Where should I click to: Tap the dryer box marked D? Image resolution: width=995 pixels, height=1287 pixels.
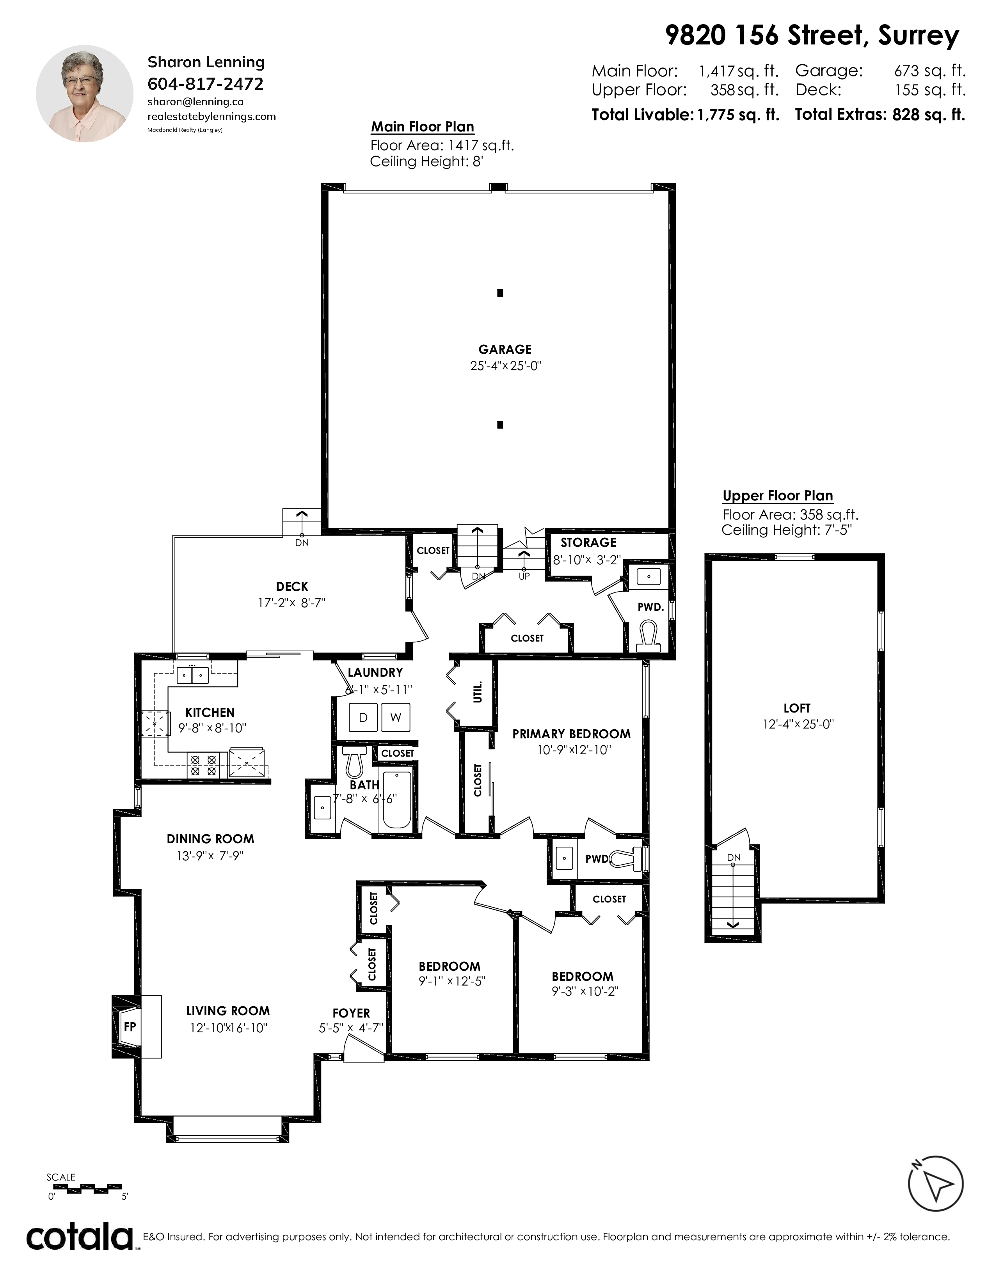[363, 717]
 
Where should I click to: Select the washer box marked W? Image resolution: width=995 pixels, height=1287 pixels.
[396, 717]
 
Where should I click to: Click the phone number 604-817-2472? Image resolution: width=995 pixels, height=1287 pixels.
[206, 84]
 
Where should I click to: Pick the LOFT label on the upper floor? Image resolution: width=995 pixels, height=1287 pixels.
[797, 708]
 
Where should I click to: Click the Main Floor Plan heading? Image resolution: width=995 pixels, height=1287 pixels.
[423, 127]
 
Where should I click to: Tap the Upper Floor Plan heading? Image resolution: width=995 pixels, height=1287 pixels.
[778, 496]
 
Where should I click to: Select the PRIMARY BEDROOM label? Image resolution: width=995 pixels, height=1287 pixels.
[571, 734]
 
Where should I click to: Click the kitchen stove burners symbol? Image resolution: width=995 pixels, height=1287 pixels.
[203, 766]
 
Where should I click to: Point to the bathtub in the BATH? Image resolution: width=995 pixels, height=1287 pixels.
[397, 799]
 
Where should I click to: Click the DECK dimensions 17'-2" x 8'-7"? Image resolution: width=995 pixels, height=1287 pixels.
[292, 603]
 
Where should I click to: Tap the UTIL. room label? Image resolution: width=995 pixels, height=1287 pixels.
[478, 692]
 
